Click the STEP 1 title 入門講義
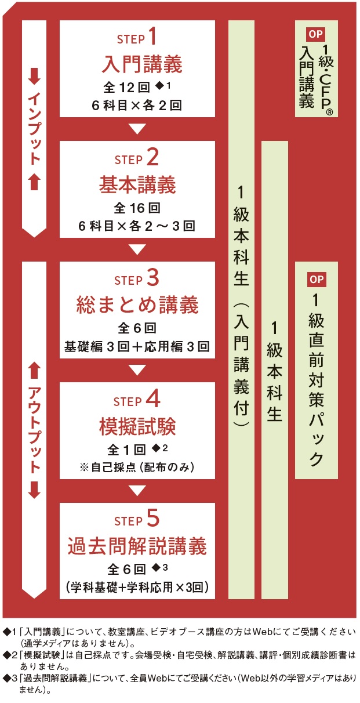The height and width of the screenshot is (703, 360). coord(142,64)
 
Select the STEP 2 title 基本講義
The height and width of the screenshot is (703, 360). coord(137,184)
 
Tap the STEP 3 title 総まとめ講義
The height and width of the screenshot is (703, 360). coord(137,305)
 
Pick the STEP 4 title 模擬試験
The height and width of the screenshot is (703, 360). coord(137,426)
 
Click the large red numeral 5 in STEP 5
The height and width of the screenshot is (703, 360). coord(152,518)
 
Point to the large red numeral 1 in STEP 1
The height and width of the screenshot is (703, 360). coord(152,36)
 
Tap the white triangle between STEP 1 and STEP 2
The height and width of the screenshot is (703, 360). coord(137,129)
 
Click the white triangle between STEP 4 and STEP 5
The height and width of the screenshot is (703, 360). coord(137,490)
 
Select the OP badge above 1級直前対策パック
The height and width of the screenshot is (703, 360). coord(317,279)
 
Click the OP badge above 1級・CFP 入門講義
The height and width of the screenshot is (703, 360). coord(315,34)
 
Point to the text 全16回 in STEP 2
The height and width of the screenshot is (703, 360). coord(137,208)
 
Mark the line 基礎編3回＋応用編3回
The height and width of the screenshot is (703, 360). coord(137,346)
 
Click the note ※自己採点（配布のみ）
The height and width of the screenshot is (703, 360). coord(137,468)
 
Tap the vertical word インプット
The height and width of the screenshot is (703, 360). coord(34,128)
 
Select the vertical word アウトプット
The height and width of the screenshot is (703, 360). coord(34,429)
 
